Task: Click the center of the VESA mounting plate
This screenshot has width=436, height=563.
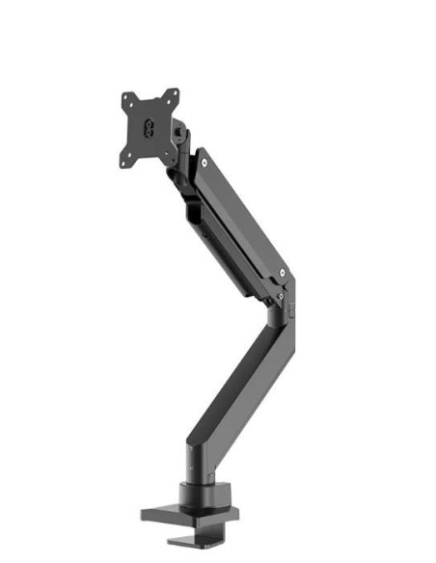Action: coord(150,127)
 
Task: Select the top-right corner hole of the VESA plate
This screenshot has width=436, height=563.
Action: coord(175,93)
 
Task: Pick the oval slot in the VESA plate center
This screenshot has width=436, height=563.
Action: coord(150,127)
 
